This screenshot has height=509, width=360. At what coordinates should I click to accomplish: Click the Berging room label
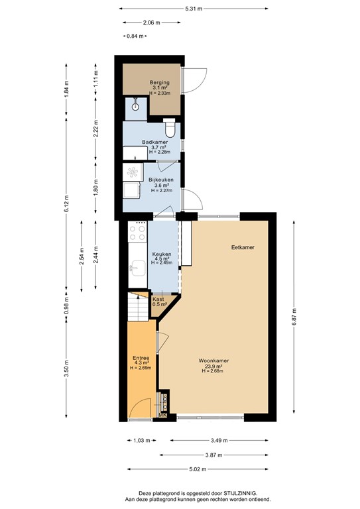pos(159,82)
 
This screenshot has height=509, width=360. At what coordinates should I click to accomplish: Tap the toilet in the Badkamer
pos(170,127)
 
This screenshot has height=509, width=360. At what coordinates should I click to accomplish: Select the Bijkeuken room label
pos(161,180)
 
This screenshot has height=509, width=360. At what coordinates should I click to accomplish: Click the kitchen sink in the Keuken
pos(138,268)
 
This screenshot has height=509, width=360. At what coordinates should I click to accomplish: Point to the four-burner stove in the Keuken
pos(137,232)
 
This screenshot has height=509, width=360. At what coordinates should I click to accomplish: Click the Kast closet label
pos(158,300)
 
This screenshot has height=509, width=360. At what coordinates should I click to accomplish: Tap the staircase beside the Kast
pos(138,306)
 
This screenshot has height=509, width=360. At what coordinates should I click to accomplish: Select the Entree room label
pos(141,358)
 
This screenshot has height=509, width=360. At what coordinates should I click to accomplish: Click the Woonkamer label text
pos(213,361)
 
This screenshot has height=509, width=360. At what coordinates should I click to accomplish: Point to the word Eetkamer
pos(243,247)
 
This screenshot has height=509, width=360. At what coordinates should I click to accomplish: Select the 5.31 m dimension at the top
pos(194,9)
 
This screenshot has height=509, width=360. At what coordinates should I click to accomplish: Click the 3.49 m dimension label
pos(219,441)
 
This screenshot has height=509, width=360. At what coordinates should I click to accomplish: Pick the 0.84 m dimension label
pos(135,36)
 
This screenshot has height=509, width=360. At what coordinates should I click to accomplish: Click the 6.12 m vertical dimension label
pos(66,203)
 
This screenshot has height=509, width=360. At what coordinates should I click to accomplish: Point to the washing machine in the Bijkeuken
pos(133,172)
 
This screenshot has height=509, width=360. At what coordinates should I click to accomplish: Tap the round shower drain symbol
pos(135,107)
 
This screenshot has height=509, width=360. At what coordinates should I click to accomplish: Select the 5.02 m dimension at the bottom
pos(198,469)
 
